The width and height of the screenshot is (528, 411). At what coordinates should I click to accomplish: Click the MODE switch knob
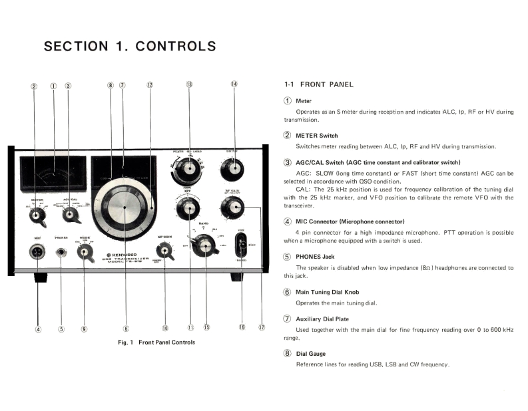pyautogui.click(x=85, y=251)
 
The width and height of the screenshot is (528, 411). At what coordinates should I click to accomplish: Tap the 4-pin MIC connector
pyautogui.click(x=37, y=252)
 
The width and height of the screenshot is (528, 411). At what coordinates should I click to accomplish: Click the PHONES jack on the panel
pyautogui.click(x=61, y=252)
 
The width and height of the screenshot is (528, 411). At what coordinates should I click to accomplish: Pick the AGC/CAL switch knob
pyautogui.click(x=69, y=215)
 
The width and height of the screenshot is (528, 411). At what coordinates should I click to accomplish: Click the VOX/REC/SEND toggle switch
pyautogui.click(x=240, y=244)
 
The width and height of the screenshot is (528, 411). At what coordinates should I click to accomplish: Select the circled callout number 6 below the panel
pyautogui.click(x=126, y=328)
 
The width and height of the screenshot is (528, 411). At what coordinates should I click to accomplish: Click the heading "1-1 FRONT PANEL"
pyautogui.click(x=318, y=84)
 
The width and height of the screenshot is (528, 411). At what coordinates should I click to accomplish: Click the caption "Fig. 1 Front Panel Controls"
pyautogui.click(x=157, y=342)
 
